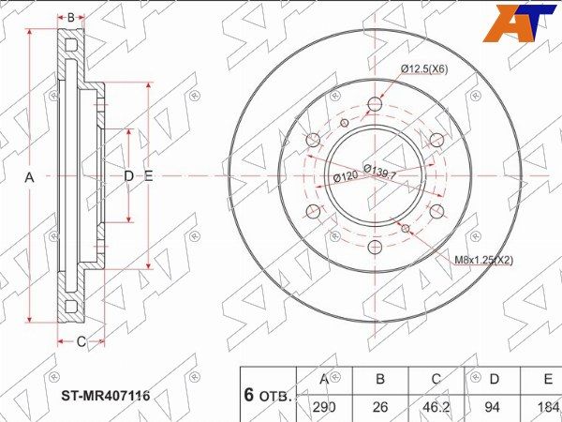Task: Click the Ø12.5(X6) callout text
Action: (424, 68)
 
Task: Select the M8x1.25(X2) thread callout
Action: (483, 260)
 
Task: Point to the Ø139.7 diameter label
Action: (380, 172)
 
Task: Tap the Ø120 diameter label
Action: (346, 176)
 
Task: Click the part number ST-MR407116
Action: (106, 396)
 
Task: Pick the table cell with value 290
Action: (324, 407)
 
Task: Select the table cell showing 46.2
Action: (436, 407)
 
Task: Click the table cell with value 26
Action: (380, 407)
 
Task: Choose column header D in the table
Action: (495, 379)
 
